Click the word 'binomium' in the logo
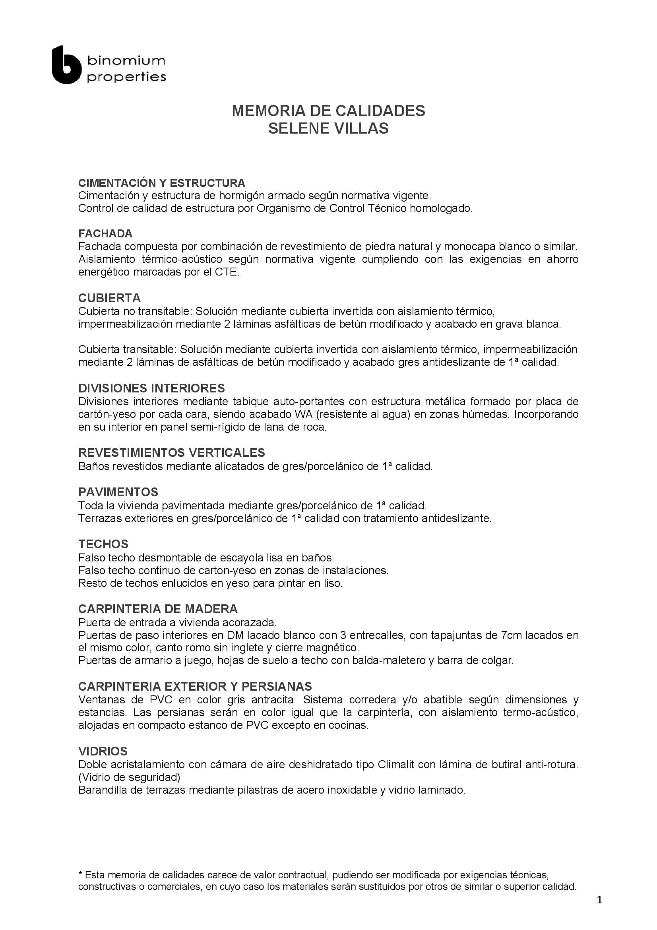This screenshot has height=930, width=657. [x=126, y=61]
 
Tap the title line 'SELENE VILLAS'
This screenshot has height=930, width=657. [x=328, y=128]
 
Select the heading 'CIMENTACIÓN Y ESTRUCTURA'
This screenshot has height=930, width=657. [x=161, y=183]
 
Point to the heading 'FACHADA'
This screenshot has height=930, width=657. [x=105, y=233]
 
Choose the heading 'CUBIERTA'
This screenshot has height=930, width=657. [x=109, y=298]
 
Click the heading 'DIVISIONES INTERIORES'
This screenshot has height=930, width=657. [x=151, y=388]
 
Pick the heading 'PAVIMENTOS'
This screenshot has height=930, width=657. [x=118, y=492]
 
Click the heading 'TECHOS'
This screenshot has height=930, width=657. [x=103, y=544]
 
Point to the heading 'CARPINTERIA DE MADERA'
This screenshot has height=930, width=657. [x=158, y=609]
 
